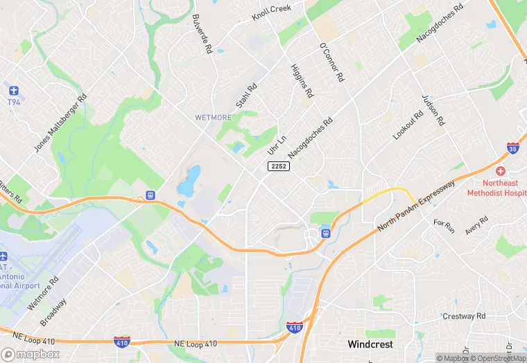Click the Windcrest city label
(x=370, y=344)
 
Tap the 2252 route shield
(x=279, y=166)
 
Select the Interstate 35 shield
(x=512, y=148)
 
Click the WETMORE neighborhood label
(x=213, y=117)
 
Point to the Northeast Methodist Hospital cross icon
(x=499, y=171)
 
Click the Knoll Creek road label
(x=271, y=12)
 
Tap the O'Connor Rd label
(x=331, y=62)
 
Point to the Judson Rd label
(x=431, y=110)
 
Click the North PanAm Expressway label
(x=416, y=206)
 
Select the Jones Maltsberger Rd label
(x=60, y=123)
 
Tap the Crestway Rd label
(x=465, y=316)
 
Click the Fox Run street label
(x=444, y=226)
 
